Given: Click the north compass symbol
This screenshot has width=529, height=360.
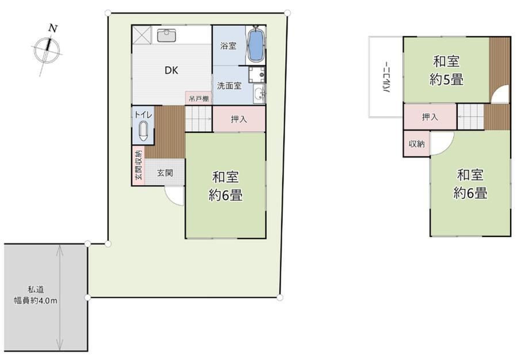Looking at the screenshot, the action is (47, 51).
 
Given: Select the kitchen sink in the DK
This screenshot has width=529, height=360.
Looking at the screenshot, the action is (166, 35).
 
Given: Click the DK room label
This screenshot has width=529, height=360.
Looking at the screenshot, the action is (171, 70).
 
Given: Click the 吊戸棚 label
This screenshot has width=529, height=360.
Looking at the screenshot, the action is (198, 99).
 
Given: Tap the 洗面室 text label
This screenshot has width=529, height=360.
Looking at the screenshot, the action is (229, 86).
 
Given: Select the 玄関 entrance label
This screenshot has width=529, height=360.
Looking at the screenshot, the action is (165, 173).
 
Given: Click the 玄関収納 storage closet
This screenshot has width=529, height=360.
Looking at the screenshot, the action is (139, 165).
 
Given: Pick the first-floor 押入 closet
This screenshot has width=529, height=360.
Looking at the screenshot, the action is (239, 119).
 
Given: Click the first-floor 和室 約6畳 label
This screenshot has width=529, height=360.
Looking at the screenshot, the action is (225, 186).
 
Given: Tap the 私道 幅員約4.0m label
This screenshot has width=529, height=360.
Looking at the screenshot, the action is (36, 295).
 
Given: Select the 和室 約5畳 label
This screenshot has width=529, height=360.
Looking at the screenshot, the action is (446, 71).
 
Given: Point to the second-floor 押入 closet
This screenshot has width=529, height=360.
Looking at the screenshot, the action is (430, 117).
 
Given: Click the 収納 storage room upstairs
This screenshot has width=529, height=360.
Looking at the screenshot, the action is (417, 144).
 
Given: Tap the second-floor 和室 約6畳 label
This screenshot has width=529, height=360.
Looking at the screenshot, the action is (470, 184).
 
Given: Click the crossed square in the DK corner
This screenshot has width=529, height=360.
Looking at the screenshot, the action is (142, 35).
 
